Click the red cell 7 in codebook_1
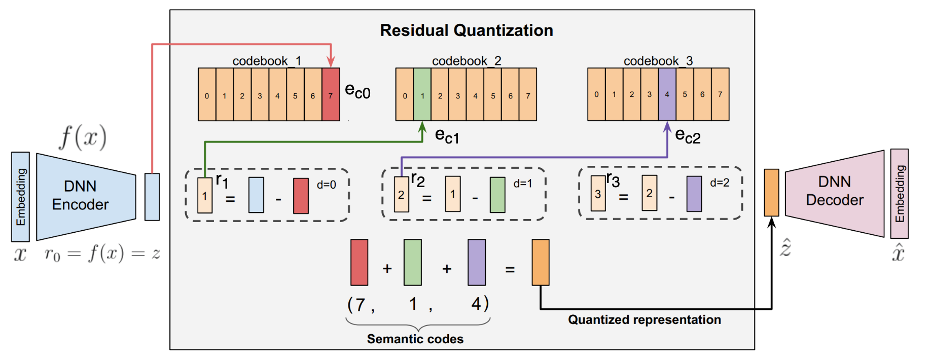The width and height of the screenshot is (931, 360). tap(331, 95)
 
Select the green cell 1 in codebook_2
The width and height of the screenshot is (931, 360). tap(422, 95)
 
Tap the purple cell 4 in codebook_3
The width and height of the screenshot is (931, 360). tap(667, 94)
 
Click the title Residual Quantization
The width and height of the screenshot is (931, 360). tap(466, 30)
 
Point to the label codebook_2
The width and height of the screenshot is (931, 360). tap(466, 61)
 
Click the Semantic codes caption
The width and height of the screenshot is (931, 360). tap(415, 339)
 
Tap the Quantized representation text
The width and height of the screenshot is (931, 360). tap(644, 319)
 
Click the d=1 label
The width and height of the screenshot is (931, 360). tap(523, 184)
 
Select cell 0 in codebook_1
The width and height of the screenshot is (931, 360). tap(207, 95)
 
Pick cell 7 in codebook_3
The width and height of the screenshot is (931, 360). tap(720, 94)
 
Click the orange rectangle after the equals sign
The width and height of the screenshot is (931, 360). tap(540, 262)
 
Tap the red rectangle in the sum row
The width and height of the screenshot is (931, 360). tap(359, 262)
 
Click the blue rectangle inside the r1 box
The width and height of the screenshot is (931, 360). tap(256, 195)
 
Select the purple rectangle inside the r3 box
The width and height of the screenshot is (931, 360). tap(694, 194)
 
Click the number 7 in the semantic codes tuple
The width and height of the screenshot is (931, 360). tap(360, 305)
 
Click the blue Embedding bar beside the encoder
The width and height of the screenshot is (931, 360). tap(20, 197)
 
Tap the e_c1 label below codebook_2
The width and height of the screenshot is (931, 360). tap(447, 136)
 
